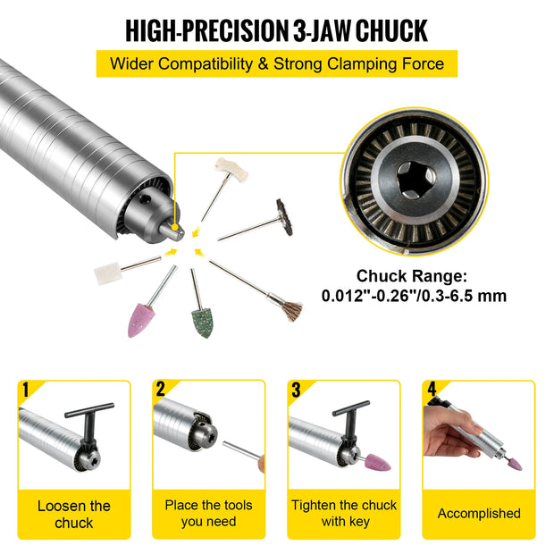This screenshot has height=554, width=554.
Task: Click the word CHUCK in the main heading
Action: (x=391, y=30)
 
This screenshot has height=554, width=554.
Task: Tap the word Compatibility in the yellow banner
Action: (x=205, y=64)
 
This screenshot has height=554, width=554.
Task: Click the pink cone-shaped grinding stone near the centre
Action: (x=141, y=321)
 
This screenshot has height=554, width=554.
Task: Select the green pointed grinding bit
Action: (x=203, y=323)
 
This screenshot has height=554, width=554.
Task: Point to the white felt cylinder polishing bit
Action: (x=108, y=273)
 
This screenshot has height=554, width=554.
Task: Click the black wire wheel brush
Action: (x=284, y=216)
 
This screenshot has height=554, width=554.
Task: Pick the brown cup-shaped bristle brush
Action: (x=291, y=311)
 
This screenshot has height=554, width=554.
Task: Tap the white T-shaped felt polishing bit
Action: (x=231, y=169)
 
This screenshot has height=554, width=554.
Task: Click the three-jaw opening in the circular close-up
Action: (x=415, y=178)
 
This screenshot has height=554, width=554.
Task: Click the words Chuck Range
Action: (x=411, y=275)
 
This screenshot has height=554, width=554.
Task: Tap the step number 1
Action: (x=25, y=390)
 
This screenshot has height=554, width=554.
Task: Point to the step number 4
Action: (x=432, y=389)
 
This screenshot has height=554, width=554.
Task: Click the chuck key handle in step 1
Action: (x=89, y=410)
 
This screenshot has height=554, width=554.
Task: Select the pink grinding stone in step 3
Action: (x=378, y=462)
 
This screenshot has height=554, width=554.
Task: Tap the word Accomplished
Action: (x=479, y=514)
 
